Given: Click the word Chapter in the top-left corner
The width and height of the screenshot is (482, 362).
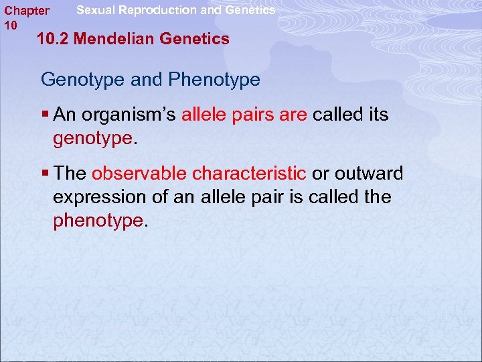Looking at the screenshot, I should click(x=27, y=11).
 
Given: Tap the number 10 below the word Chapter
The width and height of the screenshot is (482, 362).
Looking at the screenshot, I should click(x=11, y=25).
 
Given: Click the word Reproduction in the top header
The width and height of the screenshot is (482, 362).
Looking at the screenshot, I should click(x=158, y=10).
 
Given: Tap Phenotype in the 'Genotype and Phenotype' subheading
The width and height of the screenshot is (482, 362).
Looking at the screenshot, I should click(x=214, y=80).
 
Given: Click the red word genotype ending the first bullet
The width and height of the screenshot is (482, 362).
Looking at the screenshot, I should click(x=93, y=139).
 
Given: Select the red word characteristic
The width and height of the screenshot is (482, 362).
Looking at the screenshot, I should click(x=250, y=174).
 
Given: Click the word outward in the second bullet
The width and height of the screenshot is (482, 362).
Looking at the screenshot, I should click(x=368, y=174).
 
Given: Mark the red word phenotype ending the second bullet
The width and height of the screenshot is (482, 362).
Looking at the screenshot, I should click(x=98, y=221).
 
